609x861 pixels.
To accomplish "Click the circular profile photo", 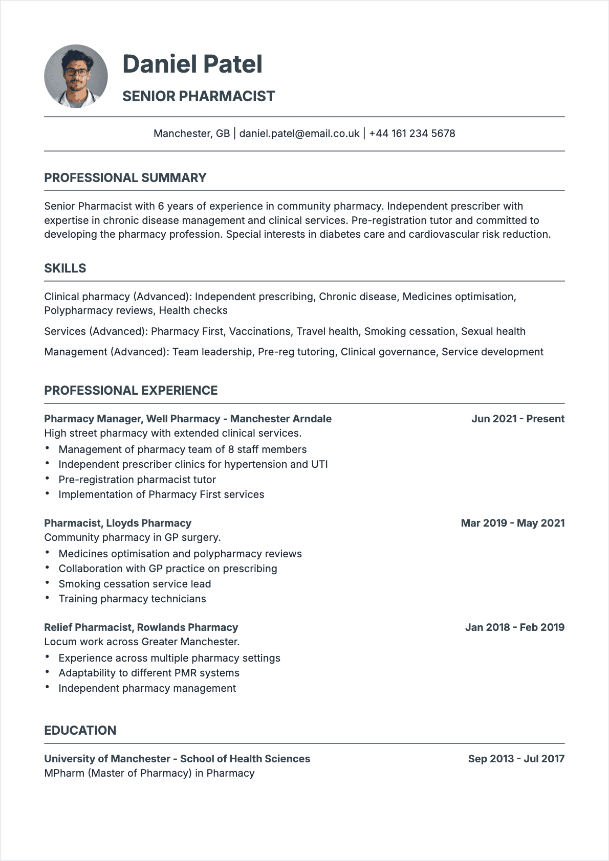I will tap(76, 76).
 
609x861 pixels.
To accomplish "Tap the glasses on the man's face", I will tap(76, 72).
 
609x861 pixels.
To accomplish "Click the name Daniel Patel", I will tap(192, 64).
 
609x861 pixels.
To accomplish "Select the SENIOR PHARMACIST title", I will tap(199, 96).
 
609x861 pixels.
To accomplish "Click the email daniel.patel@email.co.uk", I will tap(299, 133).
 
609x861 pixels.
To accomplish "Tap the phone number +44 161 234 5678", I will tap(412, 133).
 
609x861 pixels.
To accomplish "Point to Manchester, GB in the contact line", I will tap(192, 133).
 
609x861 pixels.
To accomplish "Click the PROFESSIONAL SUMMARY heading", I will tap(125, 178).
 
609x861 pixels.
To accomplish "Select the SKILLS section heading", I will tap(65, 268).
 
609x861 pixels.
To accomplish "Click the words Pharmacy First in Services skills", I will tap(187, 331).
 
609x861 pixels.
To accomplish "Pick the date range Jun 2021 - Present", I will tap(517, 419).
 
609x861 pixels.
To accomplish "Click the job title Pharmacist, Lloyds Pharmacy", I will tap(118, 523).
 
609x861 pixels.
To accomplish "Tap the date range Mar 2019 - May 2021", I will tap(512, 523).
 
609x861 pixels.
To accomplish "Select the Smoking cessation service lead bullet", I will tap(135, 584).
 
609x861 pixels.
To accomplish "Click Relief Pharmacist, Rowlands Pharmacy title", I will tap(141, 627).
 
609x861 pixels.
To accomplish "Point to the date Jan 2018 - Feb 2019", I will tap(514, 627).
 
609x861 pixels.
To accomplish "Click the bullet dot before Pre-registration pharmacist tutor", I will tap(47, 479).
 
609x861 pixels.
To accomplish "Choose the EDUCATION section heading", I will tap(80, 731).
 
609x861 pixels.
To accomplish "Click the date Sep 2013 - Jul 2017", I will tap(516, 759).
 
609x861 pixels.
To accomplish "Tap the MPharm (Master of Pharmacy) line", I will tap(149, 773).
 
